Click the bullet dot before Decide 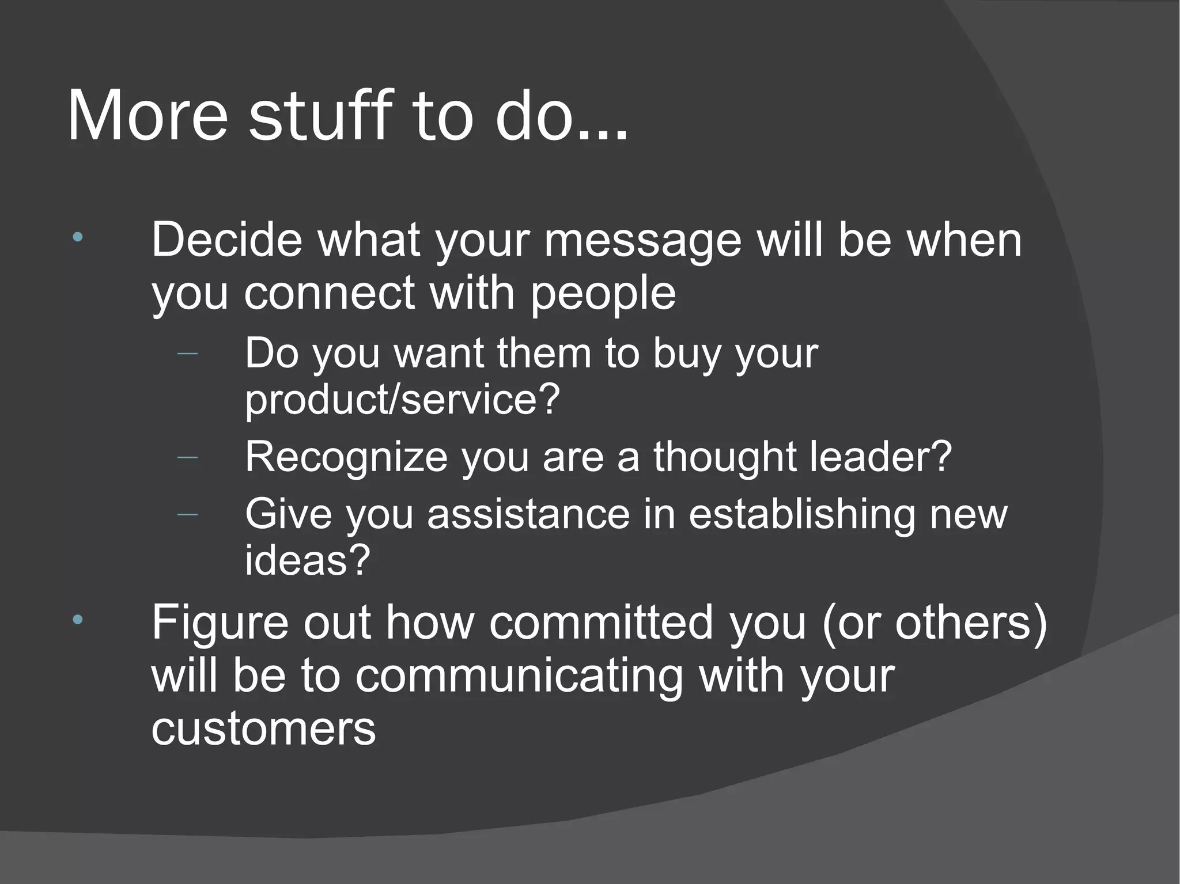tap(78, 237)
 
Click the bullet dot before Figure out tap(78, 620)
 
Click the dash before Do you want tap(188, 353)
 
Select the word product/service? tap(402, 399)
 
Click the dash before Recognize tap(188, 457)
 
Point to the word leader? tap(881, 456)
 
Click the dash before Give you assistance tap(188, 513)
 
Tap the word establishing tap(801, 514)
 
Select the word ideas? tap(307, 560)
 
